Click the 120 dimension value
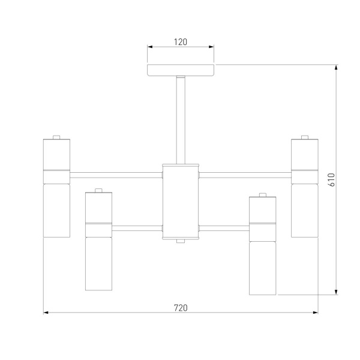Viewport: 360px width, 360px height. click(181, 42)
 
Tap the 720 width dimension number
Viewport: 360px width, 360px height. click(181, 308)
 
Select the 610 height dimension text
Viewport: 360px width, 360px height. click(332, 180)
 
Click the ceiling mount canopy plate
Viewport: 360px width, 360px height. click(181, 70)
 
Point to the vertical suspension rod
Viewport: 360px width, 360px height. click(181, 120)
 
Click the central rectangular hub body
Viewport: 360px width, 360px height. click(181, 202)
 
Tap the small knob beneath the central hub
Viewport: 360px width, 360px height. click(181, 241)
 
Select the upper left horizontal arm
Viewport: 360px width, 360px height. click(116, 175)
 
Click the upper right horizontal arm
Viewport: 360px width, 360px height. click(245, 175)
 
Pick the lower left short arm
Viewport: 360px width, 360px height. click(137, 228)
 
